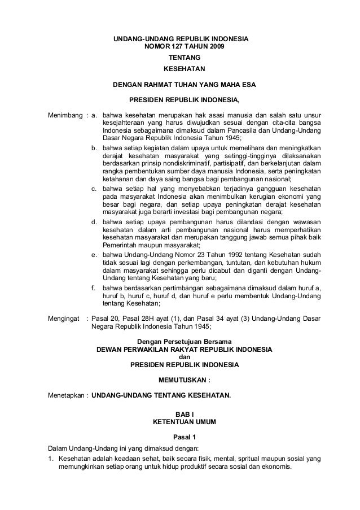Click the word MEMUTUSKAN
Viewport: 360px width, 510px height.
click(182, 380)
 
